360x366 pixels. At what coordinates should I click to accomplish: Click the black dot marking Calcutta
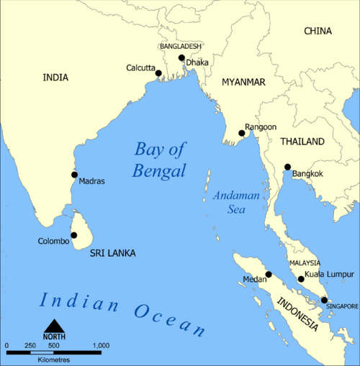coord(158,73)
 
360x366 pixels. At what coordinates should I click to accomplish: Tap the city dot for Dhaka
coord(181,58)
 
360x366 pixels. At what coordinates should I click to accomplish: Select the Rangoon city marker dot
coord(242,132)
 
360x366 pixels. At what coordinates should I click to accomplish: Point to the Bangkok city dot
coord(287,167)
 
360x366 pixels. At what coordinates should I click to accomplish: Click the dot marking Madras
coord(74,174)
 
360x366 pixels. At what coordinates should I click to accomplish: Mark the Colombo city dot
coord(74,234)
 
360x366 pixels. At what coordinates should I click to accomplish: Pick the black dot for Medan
coord(269,274)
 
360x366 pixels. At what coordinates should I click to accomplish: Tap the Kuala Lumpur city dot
coord(301,279)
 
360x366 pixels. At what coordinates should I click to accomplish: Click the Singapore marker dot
coord(324,300)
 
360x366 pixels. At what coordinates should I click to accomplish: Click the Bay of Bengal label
coord(159,160)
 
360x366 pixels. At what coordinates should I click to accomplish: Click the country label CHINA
coord(318,31)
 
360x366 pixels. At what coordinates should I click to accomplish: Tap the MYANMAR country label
coord(243,81)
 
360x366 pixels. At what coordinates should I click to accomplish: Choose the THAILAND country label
coord(302,142)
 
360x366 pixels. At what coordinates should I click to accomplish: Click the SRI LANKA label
coord(112,254)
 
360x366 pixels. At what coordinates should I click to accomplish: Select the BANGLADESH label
coord(181,46)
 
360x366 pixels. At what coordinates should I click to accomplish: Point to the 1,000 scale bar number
coord(101,346)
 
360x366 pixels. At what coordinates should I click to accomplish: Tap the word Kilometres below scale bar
coord(55,358)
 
